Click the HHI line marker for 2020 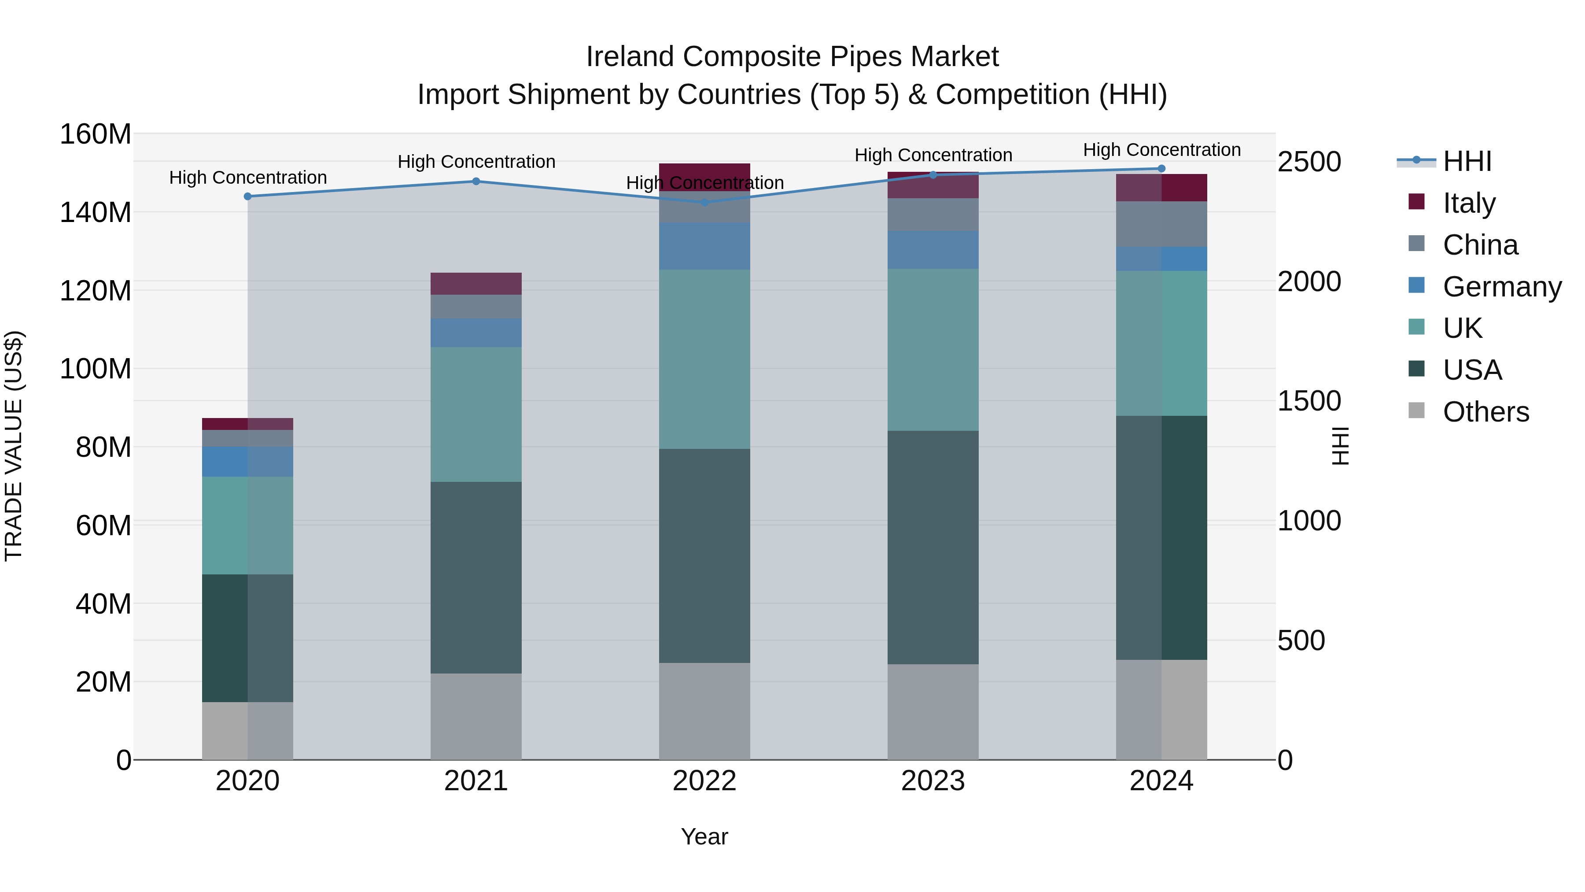point(247,196)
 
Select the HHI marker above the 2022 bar point(704,202)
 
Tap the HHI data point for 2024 point(1161,169)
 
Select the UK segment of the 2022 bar point(704,359)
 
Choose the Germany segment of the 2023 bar point(933,249)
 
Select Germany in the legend point(1501,286)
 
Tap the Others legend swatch point(1416,411)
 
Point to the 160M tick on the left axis point(96,134)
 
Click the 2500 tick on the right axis point(1309,162)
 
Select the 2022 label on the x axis point(704,781)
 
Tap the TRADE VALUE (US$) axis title point(14,446)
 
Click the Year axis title point(704,836)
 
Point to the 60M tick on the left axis point(103,526)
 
